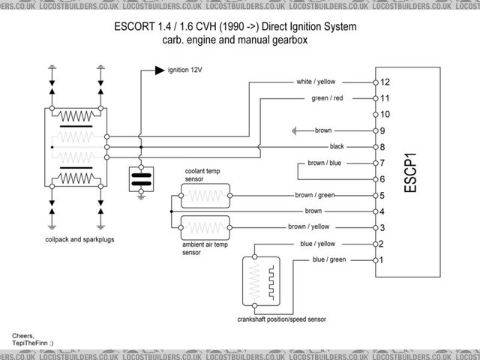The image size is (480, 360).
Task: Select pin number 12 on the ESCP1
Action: tap(385, 82)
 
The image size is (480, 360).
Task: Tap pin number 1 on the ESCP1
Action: tap(381, 260)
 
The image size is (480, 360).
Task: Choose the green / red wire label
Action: tap(327, 98)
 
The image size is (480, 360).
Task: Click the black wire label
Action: tap(337, 146)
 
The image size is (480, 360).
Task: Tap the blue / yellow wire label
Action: tap(319, 244)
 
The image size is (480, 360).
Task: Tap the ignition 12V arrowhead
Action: tap(158, 70)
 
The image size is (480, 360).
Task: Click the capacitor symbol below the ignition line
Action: tap(141, 177)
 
